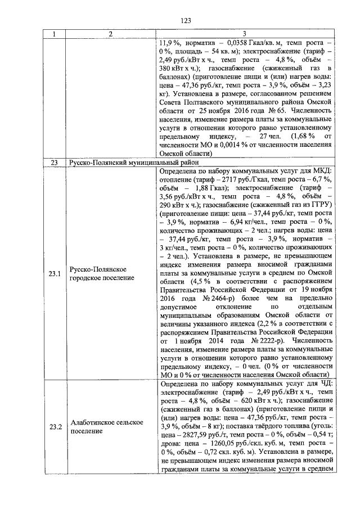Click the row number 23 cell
coord(54,163)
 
